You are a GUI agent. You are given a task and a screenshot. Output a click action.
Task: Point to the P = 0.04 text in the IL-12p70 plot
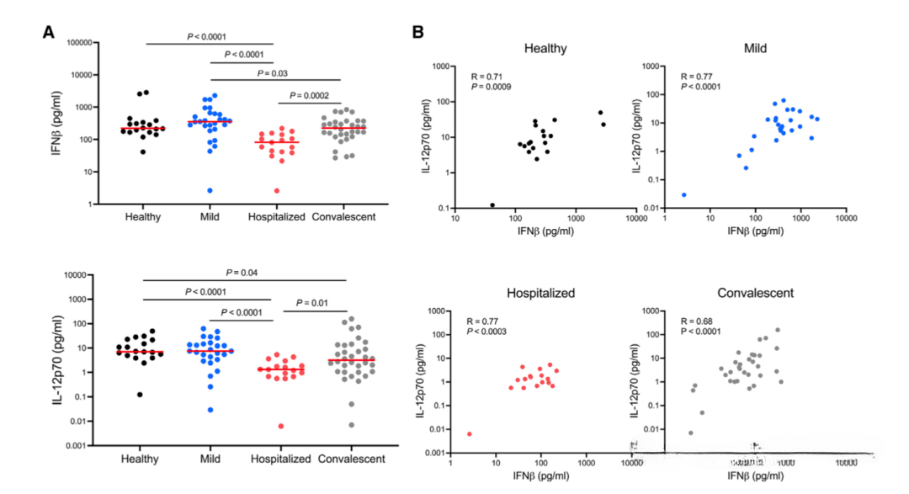244,273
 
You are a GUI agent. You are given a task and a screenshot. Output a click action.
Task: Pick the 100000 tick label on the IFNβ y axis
73,42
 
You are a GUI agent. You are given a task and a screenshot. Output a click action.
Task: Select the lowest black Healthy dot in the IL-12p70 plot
140,394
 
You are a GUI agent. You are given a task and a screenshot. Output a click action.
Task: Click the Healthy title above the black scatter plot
545,48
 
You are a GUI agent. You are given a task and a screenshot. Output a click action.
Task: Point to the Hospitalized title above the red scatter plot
540,293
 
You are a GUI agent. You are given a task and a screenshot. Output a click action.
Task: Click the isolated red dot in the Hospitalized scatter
470,434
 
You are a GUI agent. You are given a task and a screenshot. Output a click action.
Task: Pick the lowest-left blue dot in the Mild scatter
683,194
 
